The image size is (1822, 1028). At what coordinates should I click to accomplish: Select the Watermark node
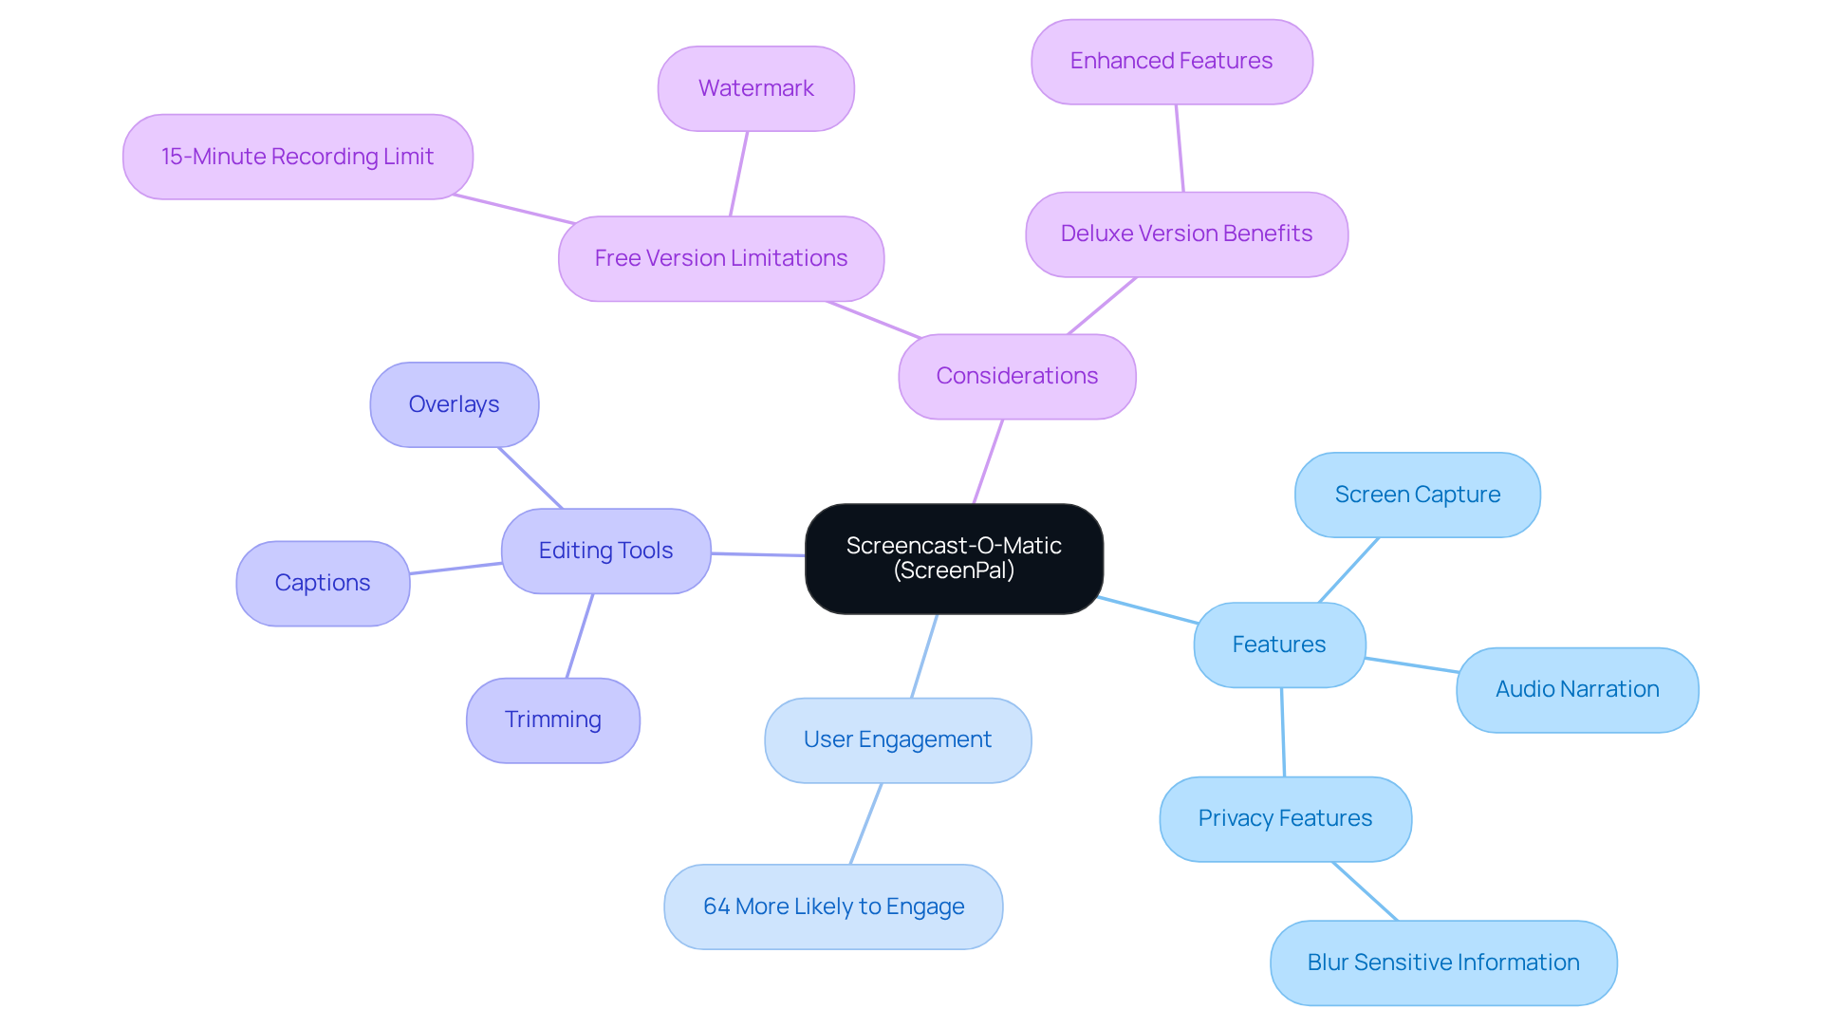tap(755, 88)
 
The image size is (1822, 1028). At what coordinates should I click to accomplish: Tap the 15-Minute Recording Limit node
tap(297, 157)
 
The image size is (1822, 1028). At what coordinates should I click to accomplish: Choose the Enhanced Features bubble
tap(1171, 62)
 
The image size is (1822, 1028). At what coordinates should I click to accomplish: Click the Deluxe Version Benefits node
tap(1186, 234)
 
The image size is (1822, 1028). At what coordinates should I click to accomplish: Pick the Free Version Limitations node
tap(720, 258)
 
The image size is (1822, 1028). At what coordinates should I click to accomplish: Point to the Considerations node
tap(1016, 376)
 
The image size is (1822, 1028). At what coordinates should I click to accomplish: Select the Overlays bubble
tap(454, 404)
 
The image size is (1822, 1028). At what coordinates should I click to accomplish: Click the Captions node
tap(323, 583)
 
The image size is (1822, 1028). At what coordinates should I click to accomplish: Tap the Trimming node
tap(552, 720)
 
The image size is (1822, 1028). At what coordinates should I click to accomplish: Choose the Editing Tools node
tap(605, 551)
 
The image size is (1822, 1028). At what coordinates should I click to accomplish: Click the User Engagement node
tap(897, 739)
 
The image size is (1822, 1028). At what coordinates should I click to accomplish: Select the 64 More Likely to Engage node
tap(833, 907)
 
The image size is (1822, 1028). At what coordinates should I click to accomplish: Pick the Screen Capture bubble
tap(1417, 495)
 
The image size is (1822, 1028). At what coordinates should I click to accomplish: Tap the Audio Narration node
tap(1577, 689)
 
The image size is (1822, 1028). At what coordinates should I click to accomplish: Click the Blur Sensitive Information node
tap(1442, 963)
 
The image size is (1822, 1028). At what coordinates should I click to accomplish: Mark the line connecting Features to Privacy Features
tap(1283, 732)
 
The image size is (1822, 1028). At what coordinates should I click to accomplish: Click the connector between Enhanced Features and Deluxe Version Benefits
tap(1180, 148)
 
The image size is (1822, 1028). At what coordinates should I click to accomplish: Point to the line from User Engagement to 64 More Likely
tap(865, 823)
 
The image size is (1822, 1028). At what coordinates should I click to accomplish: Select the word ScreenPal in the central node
tap(954, 570)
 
